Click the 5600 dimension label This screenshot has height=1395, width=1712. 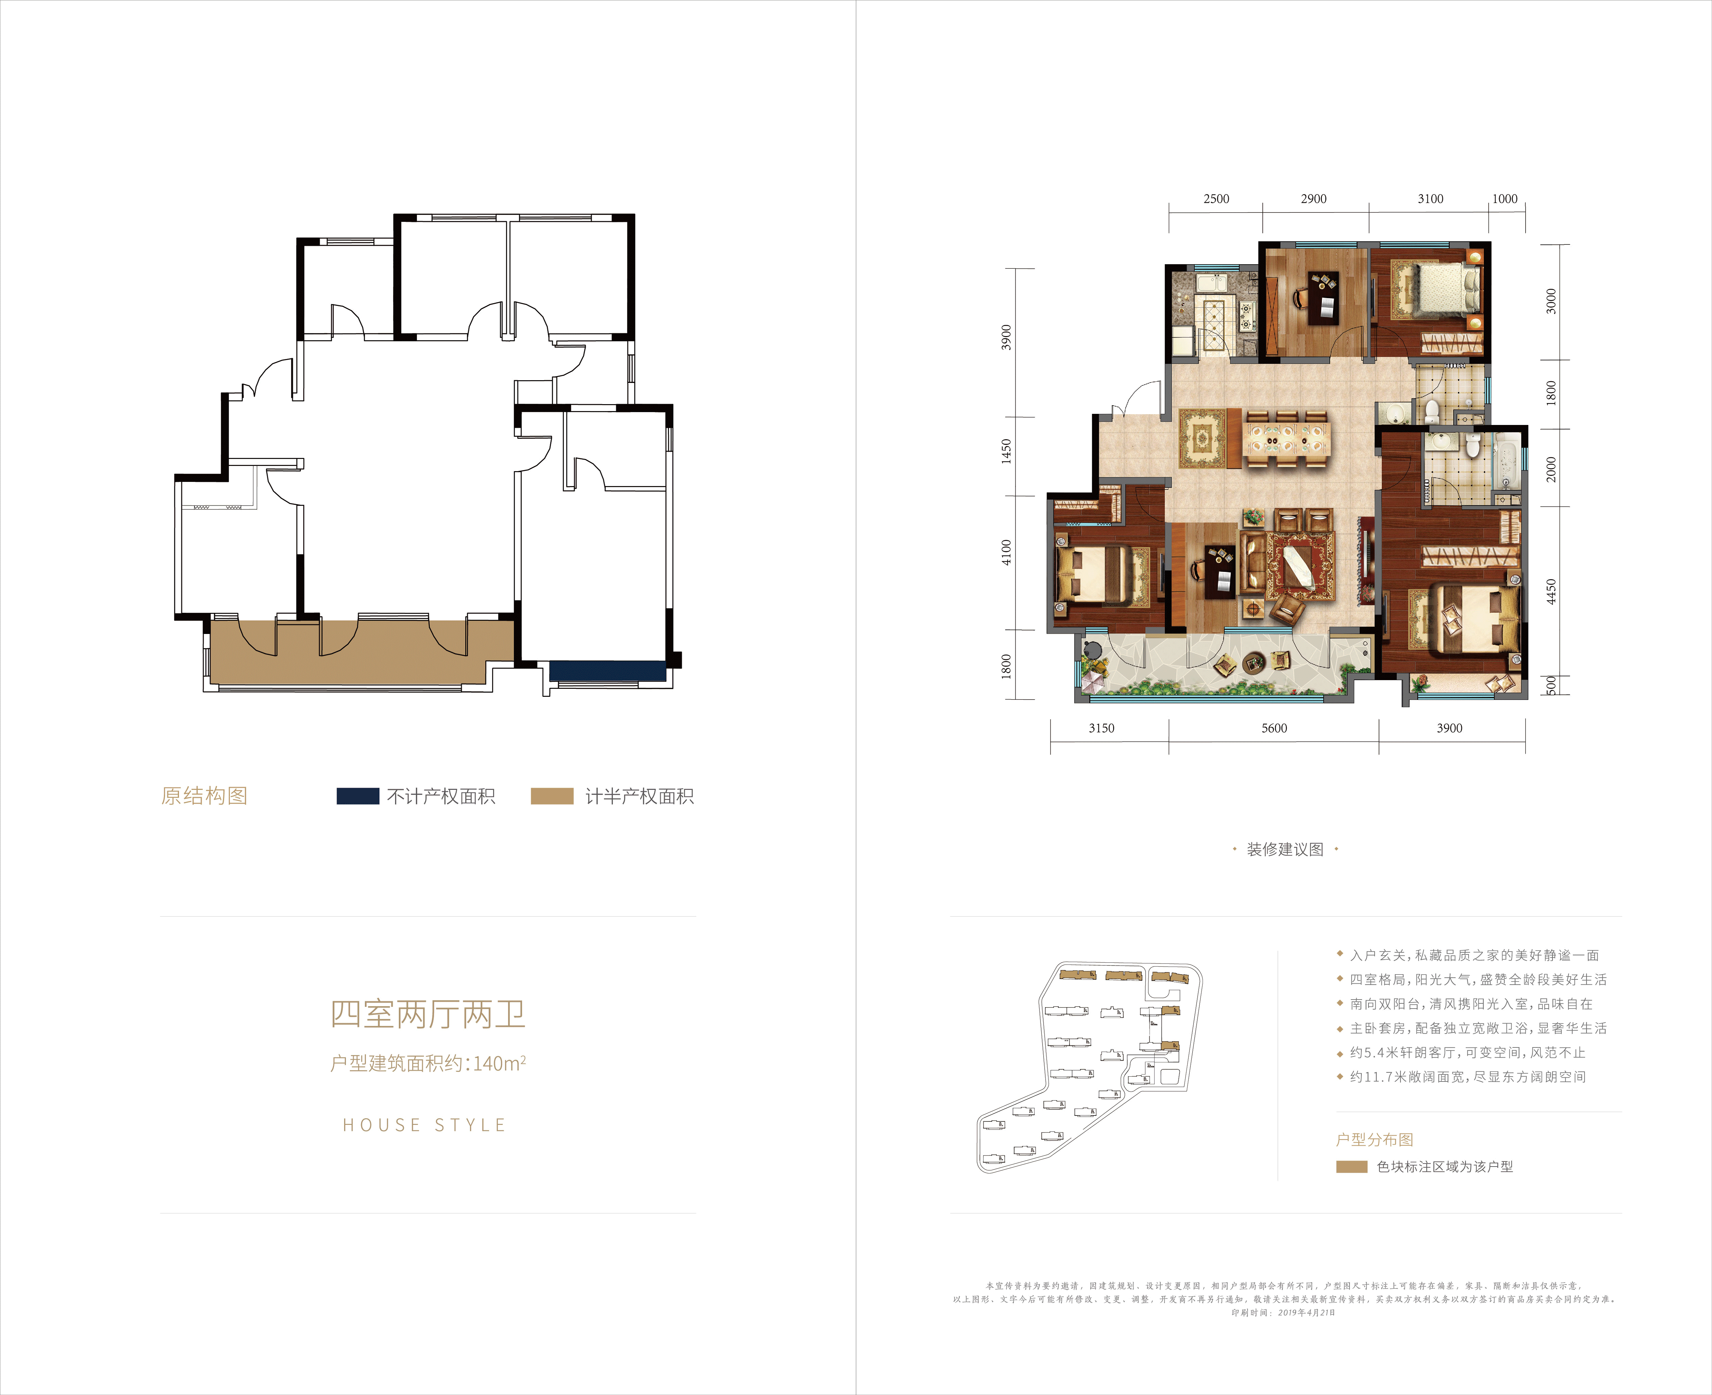tap(1274, 728)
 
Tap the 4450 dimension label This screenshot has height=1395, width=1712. tap(1551, 592)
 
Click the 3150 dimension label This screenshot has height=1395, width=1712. tap(1102, 728)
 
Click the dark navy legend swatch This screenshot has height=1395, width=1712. tap(357, 796)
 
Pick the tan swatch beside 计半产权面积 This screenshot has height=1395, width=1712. tap(552, 796)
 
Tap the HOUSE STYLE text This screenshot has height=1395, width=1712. tap(424, 1125)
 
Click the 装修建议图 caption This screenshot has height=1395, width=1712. tap(1285, 849)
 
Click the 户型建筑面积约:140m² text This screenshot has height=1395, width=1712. tap(428, 1063)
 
